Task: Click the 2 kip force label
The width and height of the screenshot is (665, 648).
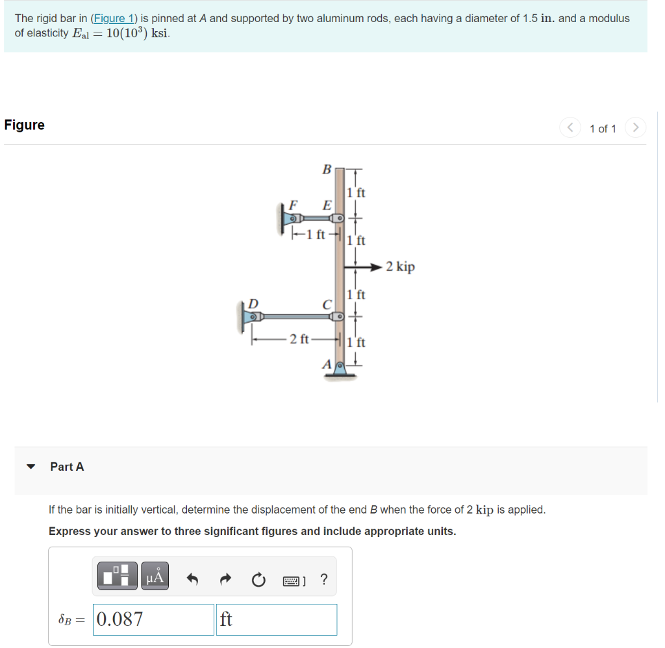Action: pos(400,267)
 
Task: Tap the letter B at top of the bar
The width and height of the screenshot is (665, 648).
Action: pos(327,169)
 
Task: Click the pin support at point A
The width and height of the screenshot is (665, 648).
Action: pos(338,368)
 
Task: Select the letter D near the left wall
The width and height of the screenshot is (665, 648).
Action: pos(253,303)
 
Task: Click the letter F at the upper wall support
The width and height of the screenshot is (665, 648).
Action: pos(293,205)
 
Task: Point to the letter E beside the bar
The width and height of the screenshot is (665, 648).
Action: pos(327,205)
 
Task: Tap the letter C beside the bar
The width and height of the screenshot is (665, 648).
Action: pos(327,304)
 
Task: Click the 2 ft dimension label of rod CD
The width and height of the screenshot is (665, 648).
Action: pos(299,338)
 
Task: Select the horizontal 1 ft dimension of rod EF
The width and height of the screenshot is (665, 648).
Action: pos(316,234)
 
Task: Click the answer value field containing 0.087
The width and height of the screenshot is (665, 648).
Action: pos(153,619)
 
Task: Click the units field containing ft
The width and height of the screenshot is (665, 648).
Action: pos(277,619)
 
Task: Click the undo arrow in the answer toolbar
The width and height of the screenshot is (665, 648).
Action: pos(193,579)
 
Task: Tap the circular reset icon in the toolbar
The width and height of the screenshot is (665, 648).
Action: pos(258,579)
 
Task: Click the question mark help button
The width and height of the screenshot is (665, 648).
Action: pos(324,579)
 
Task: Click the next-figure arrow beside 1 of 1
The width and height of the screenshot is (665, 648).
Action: pos(636,127)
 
